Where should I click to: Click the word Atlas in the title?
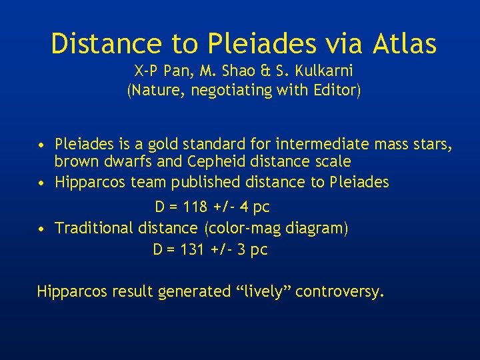tap(405, 44)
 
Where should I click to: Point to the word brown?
tap(75, 162)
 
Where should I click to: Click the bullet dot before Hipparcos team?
tap(41, 183)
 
